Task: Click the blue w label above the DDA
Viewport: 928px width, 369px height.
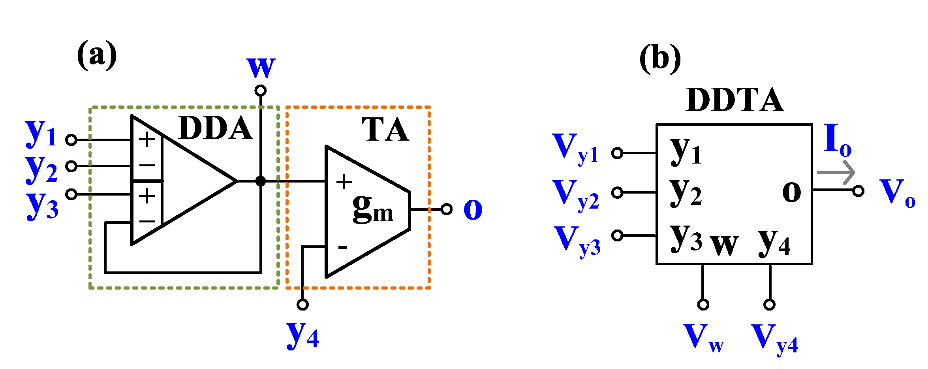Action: pos(261,68)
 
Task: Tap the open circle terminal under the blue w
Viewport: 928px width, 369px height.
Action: pos(261,91)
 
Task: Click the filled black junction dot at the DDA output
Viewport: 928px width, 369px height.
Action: pos(261,181)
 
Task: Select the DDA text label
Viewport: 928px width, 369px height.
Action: pos(215,128)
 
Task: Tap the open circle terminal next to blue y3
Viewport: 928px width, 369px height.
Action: pos(71,194)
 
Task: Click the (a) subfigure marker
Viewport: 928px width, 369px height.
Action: pos(97,55)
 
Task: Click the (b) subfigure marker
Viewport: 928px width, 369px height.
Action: pos(660,58)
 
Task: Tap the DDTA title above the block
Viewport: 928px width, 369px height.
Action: pos(735,100)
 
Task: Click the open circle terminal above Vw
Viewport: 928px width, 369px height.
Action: pos(703,304)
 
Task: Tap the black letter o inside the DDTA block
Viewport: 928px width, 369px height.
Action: pos(791,192)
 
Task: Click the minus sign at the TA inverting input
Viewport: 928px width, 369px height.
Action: pos(342,248)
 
